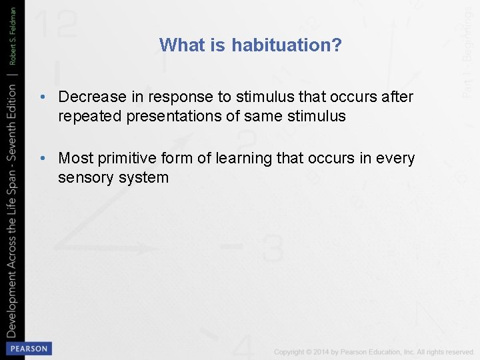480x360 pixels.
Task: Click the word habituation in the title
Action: pyautogui.click(x=287, y=45)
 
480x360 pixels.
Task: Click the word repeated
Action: pyautogui.click(x=88, y=117)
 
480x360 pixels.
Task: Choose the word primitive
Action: pyautogui.click(x=127, y=158)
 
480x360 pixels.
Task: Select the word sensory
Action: pyautogui.click(x=83, y=178)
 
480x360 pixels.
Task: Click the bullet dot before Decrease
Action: pyautogui.click(x=42, y=97)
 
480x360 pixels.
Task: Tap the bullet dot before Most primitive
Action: pyautogui.click(x=42, y=159)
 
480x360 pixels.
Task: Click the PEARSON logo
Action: pyautogui.click(x=27, y=349)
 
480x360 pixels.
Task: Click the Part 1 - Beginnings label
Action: pyautogui.click(x=469, y=50)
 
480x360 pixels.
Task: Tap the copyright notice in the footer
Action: pyautogui.click(x=373, y=351)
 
